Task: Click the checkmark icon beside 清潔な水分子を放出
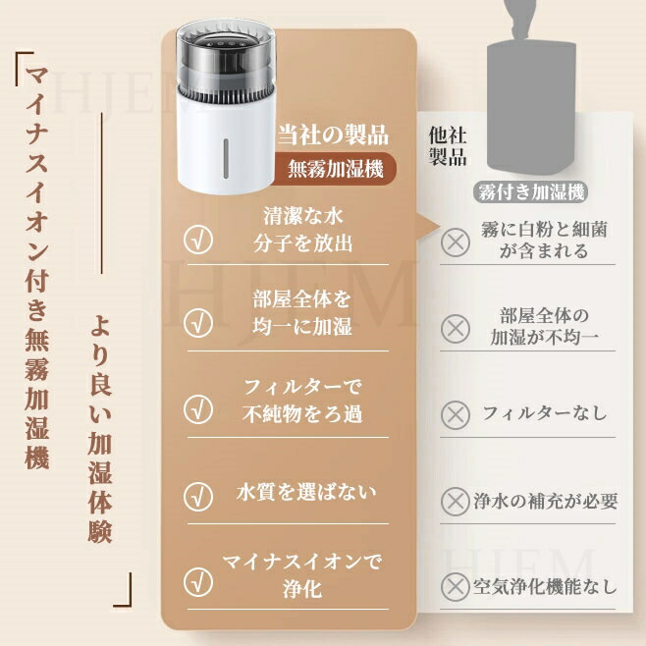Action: pyautogui.click(x=198, y=240)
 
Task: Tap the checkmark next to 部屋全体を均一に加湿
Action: pyautogui.click(x=198, y=323)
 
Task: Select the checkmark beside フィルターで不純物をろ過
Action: pyautogui.click(x=198, y=409)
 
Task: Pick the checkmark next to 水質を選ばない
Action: pyautogui.click(x=198, y=496)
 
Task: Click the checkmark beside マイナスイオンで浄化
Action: pyautogui.click(x=198, y=582)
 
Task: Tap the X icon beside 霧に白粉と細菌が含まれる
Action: pyautogui.click(x=456, y=242)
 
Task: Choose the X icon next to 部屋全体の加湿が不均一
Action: pyautogui.click(x=456, y=328)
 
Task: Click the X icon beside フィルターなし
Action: pyautogui.click(x=456, y=414)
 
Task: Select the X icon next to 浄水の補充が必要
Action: pyautogui.click(x=456, y=502)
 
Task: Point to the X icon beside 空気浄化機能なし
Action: pyautogui.click(x=456, y=587)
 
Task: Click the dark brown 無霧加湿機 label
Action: pyautogui.click(x=335, y=169)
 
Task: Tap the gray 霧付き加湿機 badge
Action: pyautogui.click(x=531, y=192)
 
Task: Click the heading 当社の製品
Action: pyautogui.click(x=333, y=135)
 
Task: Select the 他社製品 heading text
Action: pyautogui.click(x=448, y=146)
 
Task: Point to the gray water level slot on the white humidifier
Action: pyautogui.click(x=226, y=159)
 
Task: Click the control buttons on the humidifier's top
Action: pyautogui.click(x=226, y=42)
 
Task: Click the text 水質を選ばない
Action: pyautogui.click(x=306, y=492)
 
